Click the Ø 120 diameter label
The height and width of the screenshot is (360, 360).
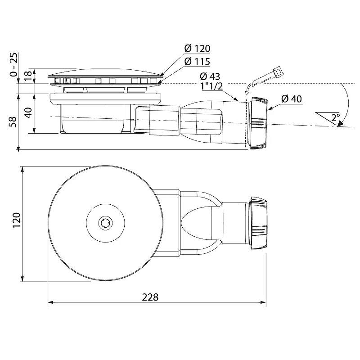pyautogui.click(x=197, y=49)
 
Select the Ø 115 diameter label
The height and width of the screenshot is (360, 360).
pyautogui.click(x=197, y=62)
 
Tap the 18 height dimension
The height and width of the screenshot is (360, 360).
pyautogui.click(x=27, y=75)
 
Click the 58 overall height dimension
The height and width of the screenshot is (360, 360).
pyautogui.click(x=14, y=122)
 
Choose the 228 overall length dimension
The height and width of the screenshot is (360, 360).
pyautogui.click(x=150, y=297)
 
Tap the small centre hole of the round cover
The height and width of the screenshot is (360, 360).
pyautogui.click(x=105, y=222)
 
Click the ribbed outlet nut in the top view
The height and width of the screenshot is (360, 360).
pyautogui.click(x=259, y=222)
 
